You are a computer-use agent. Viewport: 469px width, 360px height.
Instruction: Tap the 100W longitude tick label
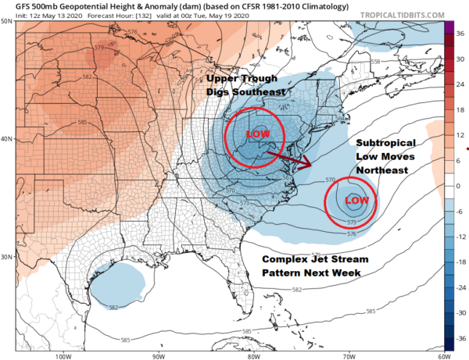63,355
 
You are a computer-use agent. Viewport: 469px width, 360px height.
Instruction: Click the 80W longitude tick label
252,355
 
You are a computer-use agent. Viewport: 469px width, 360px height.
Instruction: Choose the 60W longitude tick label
438,355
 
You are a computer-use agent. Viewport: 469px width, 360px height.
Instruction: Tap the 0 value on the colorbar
460,187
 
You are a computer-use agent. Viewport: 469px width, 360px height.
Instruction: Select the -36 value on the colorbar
461,340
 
